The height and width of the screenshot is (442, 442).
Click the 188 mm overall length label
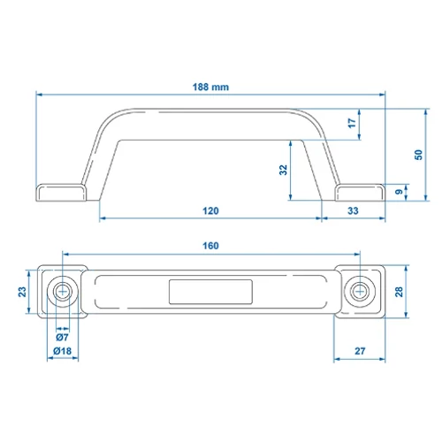tap(210, 87)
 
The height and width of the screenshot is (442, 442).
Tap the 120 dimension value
tap(210, 210)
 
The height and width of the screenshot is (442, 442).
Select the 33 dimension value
tap(353, 210)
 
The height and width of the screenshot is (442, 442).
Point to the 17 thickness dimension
tap(352, 123)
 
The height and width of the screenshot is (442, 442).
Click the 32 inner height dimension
tap(283, 170)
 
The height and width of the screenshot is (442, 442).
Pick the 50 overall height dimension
tap(418, 155)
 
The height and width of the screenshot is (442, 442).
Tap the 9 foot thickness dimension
tap(399, 192)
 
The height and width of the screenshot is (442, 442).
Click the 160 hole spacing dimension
tap(210, 246)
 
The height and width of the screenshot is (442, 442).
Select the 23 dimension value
tap(22, 292)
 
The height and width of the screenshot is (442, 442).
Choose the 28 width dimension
tap(399, 292)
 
